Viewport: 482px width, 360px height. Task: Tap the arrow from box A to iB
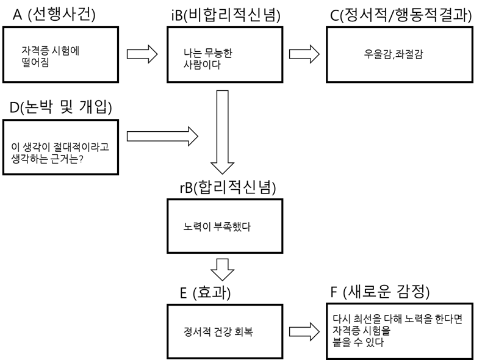(x=145, y=53)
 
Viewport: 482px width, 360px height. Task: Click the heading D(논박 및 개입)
(x=60, y=108)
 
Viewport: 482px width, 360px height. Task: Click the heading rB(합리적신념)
(x=228, y=188)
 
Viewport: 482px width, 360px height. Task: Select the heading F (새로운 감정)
(x=379, y=292)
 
